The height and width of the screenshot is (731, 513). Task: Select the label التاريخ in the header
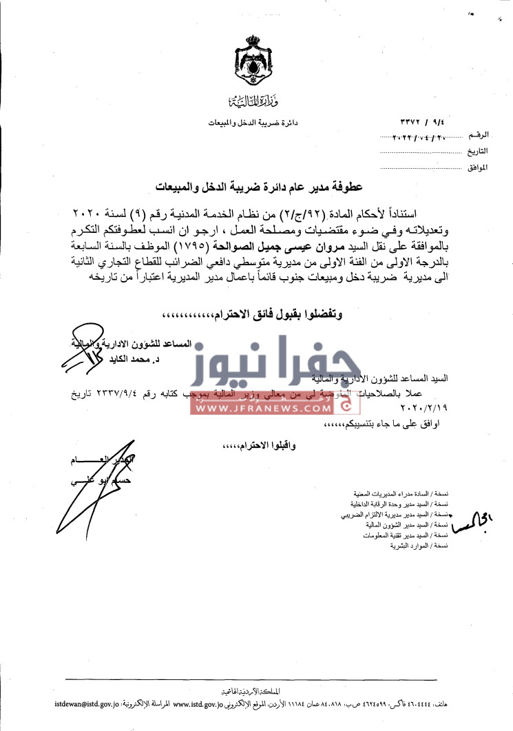(477, 150)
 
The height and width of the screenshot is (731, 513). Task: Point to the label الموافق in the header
(477, 167)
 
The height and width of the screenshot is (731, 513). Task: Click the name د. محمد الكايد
(172, 359)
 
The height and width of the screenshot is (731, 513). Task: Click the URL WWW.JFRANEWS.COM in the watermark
(262, 408)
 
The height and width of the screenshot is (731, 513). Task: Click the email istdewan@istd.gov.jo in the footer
(85, 705)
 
